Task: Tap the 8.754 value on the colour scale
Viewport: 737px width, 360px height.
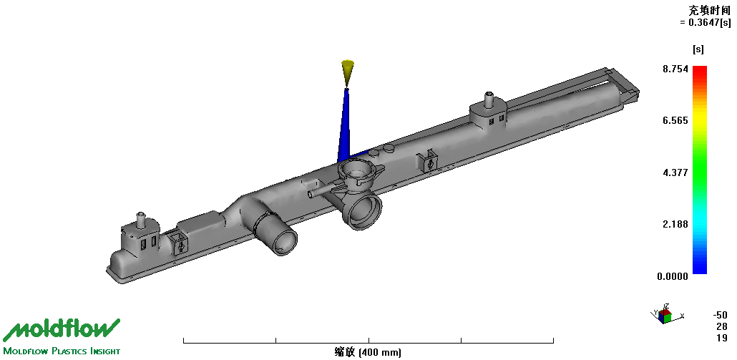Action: click(675, 69)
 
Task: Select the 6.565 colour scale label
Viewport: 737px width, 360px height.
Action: click(675, 121)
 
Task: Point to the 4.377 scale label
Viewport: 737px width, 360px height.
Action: click(675, 172)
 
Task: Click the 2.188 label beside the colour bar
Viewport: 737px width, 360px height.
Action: click(675, 224)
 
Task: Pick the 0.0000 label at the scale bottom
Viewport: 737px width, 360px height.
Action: click(673, 276)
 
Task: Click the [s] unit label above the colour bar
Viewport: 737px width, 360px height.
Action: click(698, 49)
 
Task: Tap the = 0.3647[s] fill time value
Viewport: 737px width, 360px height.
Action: click(705, 23)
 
